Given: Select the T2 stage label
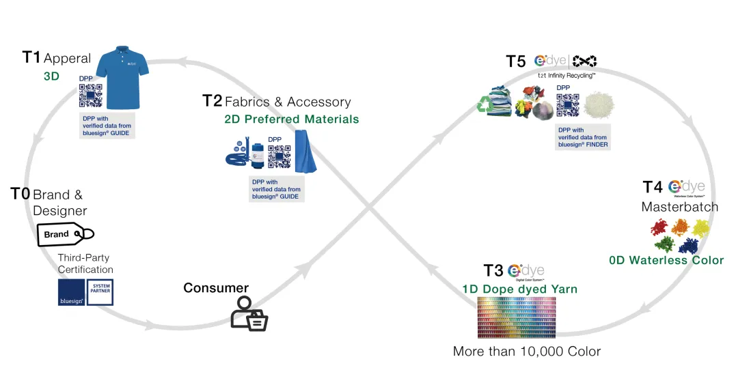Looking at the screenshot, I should click(x=212, y=101).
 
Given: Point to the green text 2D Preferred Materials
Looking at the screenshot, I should click(x=292, y=119).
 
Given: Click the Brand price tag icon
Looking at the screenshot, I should click(x=64, y=234).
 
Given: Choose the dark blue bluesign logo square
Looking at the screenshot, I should click(x=71, y=292).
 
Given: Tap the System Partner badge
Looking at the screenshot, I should click(x=100, y=292).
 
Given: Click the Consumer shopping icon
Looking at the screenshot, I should click(x=248, y=314).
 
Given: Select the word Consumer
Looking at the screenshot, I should click(x=216, y=288).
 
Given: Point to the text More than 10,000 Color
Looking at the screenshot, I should click(x=527, y=352).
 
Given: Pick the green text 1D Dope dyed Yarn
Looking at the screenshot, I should click(x=519, y=289).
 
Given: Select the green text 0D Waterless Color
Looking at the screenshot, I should click(x=666, y=260).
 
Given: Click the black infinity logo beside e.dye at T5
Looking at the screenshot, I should click(x=584, y=61).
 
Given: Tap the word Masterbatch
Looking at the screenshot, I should click(x=679, y=207).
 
